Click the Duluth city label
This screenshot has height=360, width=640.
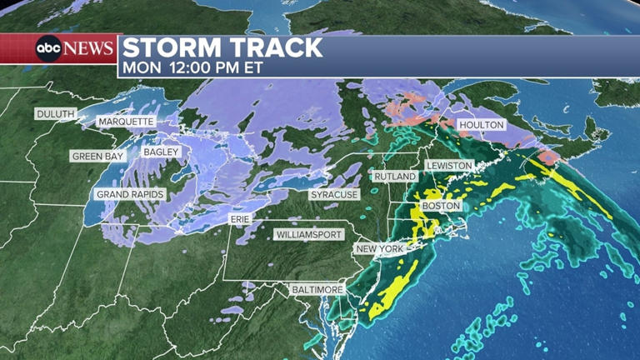coord(55,113)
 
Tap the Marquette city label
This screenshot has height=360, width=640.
coord(126,122)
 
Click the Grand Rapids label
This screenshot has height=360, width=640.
coord(131,194)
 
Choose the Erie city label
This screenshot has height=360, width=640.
coord(240,217)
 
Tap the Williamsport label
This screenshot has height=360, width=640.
coord(309,235)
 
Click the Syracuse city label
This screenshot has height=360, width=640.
coord(334,194)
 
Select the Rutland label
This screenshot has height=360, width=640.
coord(395,176)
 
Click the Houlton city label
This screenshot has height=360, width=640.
coord(482,125)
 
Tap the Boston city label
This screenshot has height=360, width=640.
coord(441,206)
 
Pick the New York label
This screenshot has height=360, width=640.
coord(379,249)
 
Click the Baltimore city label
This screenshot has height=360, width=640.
coord(317,289)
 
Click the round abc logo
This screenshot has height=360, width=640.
coord(49,48)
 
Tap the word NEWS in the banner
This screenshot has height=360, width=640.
coord(89,48)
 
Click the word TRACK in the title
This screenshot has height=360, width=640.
coord(278,47)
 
